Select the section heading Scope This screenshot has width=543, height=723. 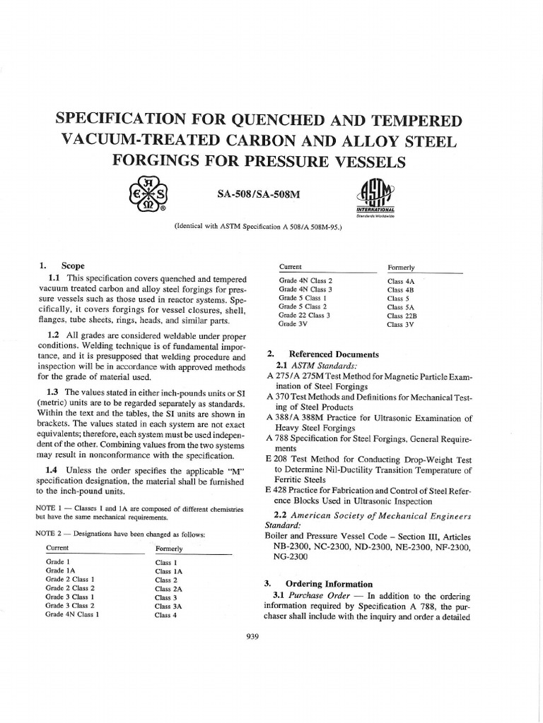[x=73, y=266]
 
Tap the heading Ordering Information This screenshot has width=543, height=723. [x=328, y=584]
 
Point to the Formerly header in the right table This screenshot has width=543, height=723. [x=401, y=268]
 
